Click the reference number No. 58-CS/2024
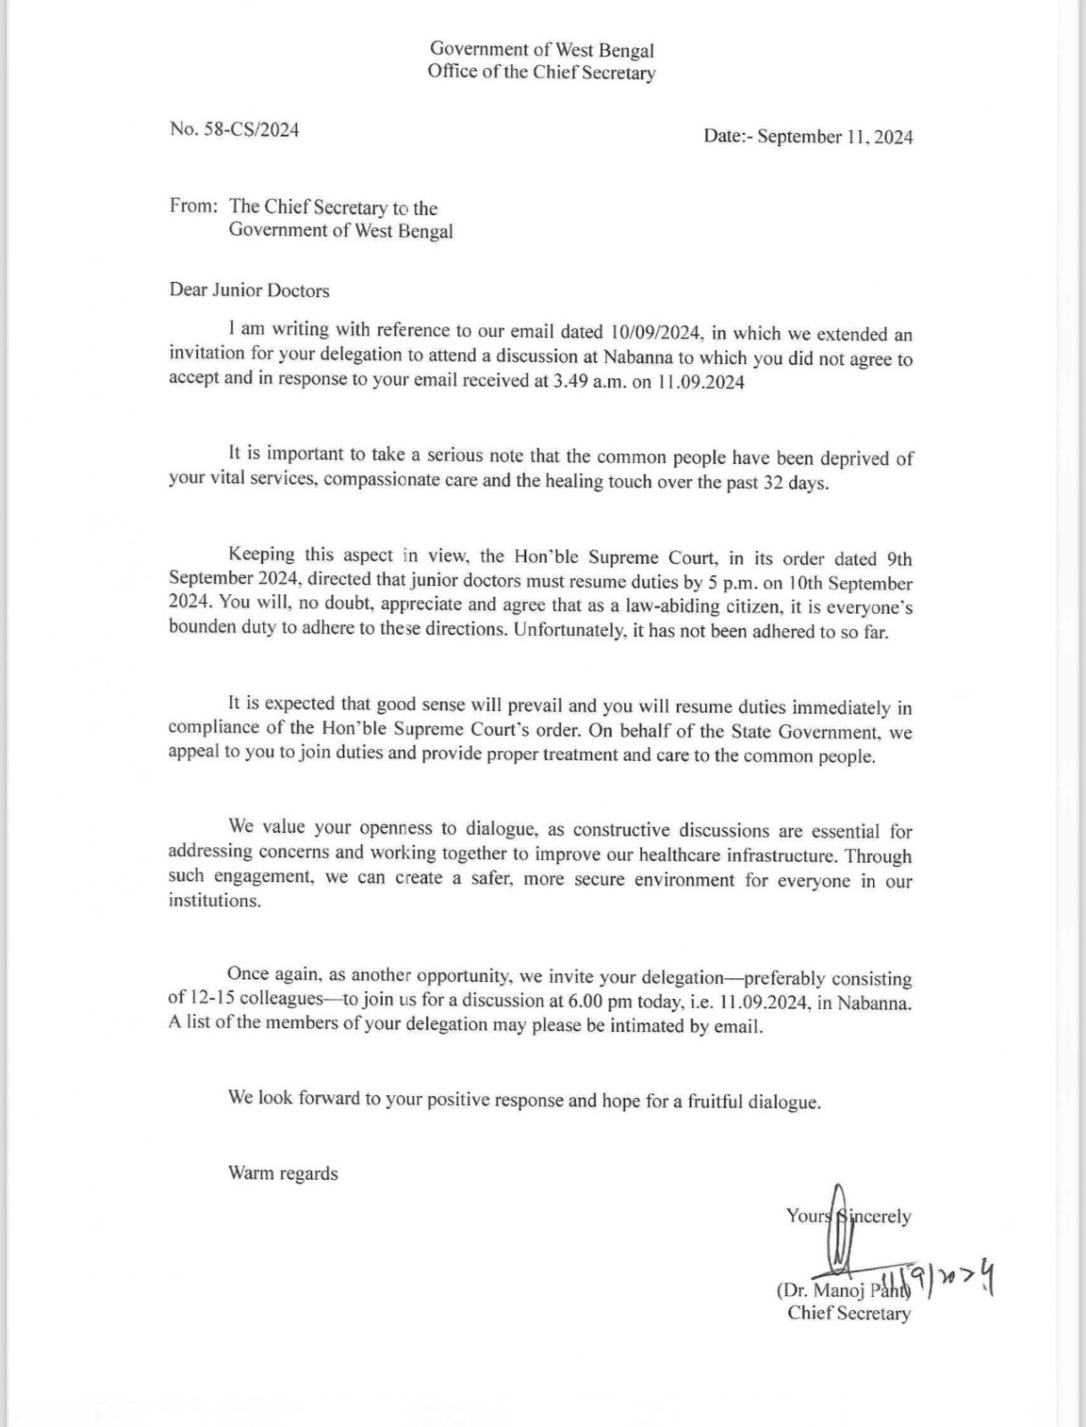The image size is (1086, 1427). pos(234,129)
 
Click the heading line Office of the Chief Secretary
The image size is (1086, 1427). pos(541,73)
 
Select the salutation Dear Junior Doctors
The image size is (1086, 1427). pos(250,291)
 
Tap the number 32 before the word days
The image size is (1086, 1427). pos(774,483)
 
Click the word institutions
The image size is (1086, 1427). pos(215,901)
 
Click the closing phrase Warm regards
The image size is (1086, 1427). pos(283,1173)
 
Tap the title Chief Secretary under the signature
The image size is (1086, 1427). pos(849,1313)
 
